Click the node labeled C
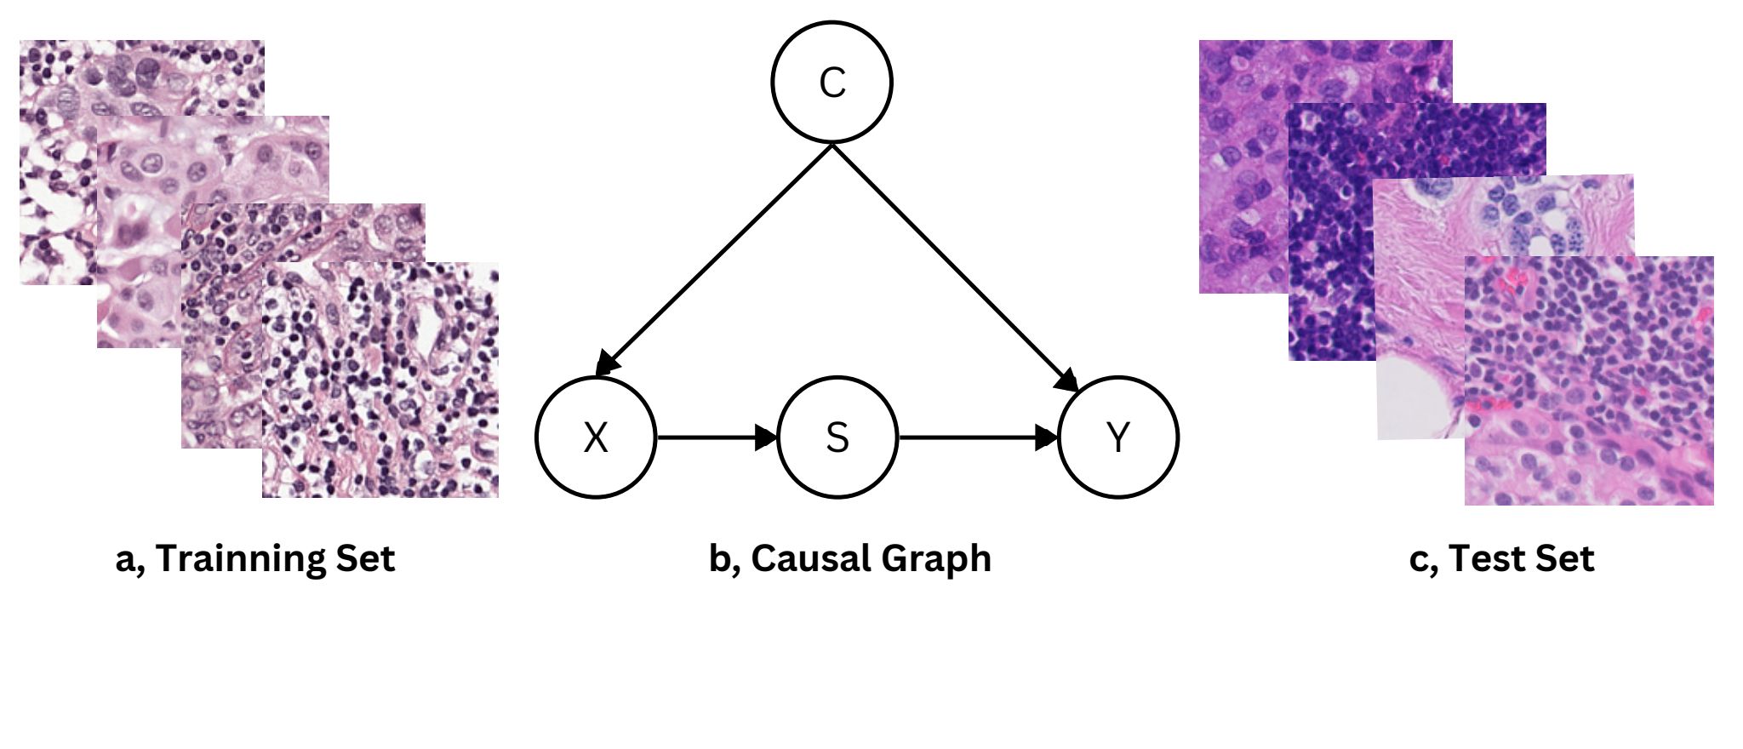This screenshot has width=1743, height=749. [831, 82]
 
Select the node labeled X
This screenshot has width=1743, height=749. [596, 437]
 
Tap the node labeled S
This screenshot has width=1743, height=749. [837, 437]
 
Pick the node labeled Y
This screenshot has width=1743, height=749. [1118, 437]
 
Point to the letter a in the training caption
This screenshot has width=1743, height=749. [124, 561]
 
